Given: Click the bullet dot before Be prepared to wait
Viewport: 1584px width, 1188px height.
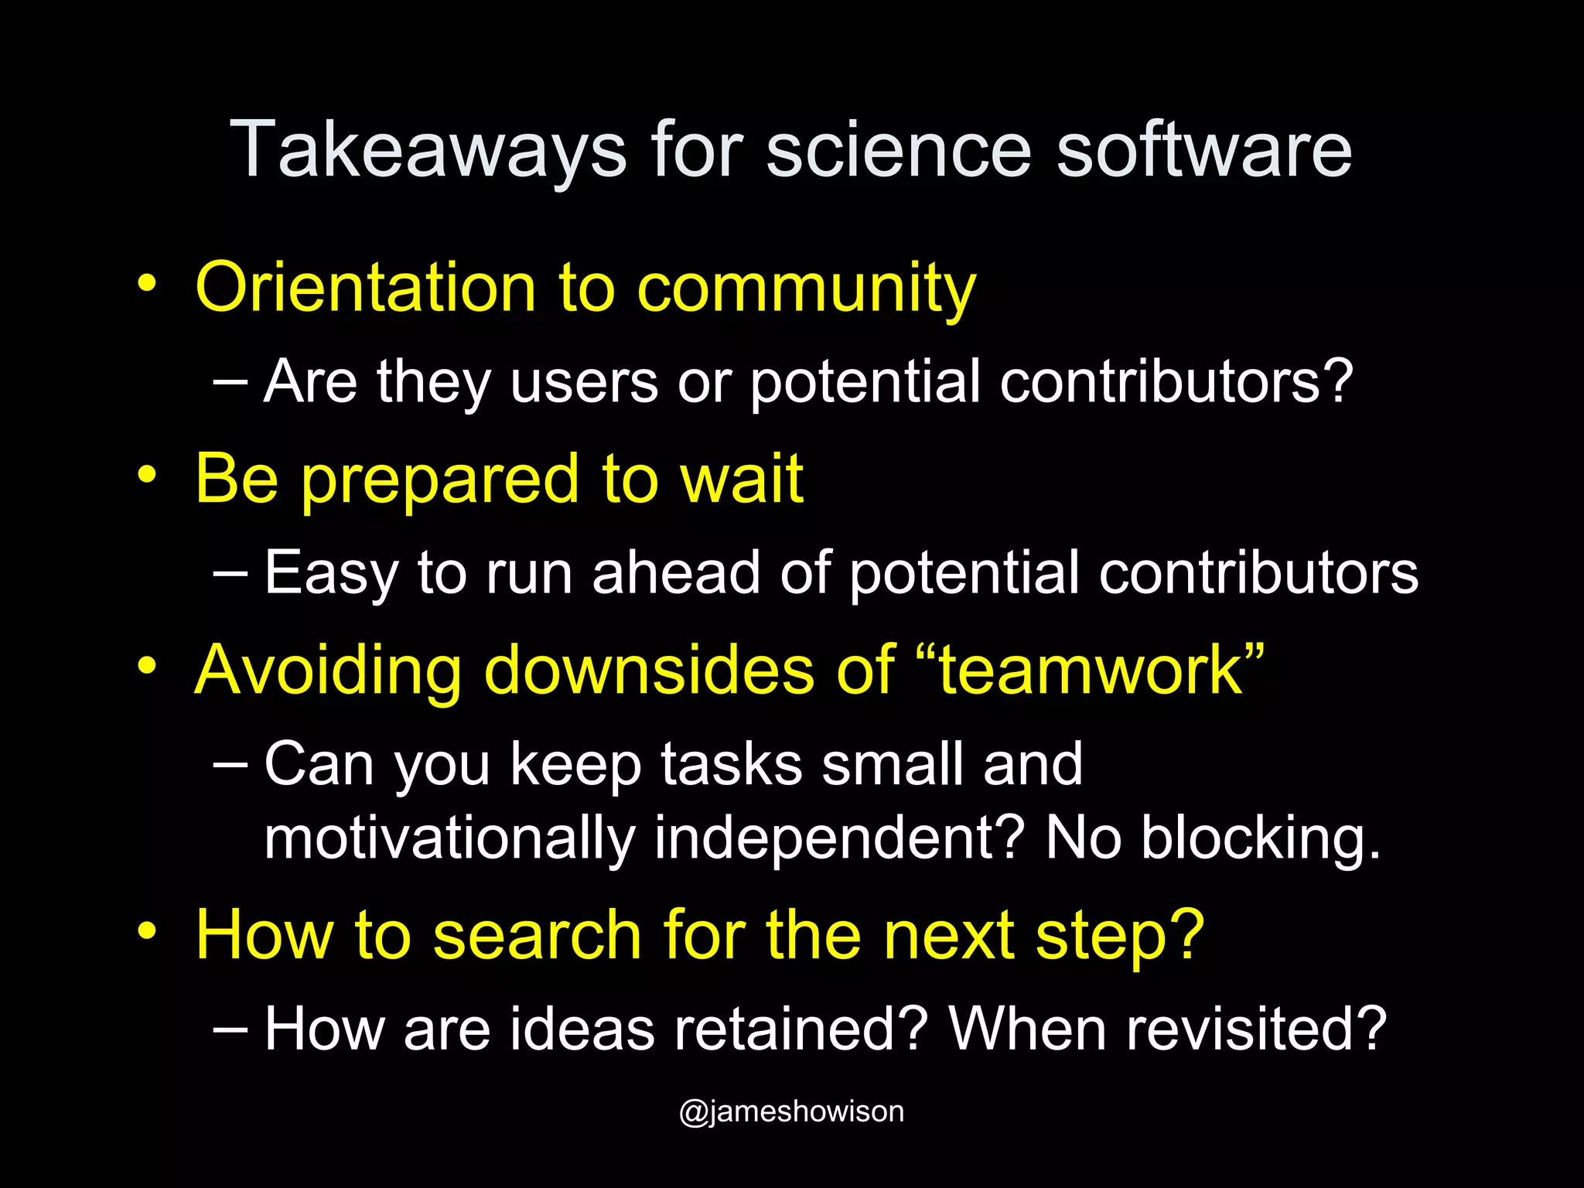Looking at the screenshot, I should (x=147, y=473).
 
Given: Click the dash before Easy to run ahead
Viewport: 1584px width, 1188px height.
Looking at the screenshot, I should (x=230, y=572).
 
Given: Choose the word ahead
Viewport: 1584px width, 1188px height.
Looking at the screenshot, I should (x=677, y=572).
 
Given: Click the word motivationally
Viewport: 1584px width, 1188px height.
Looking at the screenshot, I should (x=449, y=838).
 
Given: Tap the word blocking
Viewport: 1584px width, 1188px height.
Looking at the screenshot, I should (x=1261, y=838).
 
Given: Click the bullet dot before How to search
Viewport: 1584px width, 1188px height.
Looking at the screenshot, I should (x=147, y=930).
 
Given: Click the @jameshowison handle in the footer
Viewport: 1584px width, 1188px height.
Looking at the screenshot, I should (x=791, y=1111).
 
